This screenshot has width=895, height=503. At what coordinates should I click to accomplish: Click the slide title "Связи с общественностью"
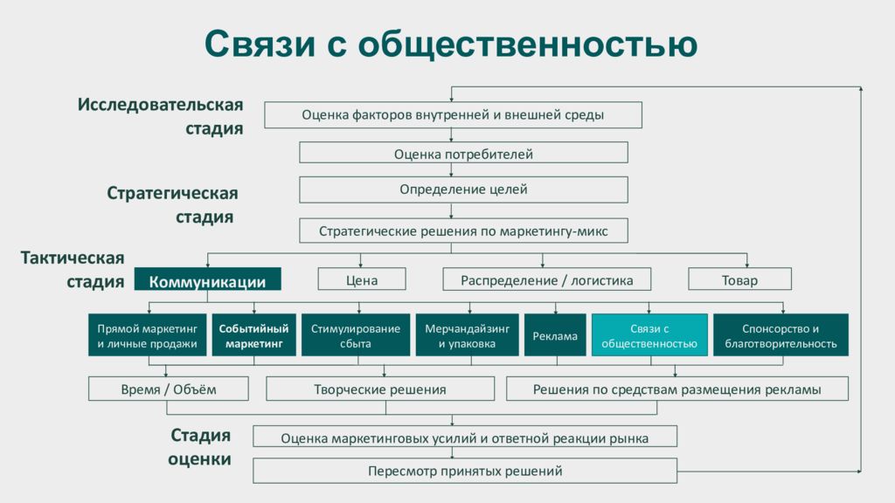[x=451, y=44]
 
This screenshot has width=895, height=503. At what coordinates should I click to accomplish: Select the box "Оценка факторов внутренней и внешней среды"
[x=453, y=114]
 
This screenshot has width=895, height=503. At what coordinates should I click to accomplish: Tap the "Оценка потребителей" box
[x=463, y=153]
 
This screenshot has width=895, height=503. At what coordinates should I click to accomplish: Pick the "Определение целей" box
[x=463, y=189]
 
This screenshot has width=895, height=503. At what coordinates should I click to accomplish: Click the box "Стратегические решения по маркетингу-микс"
[x=463, y=231]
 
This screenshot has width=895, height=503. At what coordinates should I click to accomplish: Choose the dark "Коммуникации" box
[x=208, y=279]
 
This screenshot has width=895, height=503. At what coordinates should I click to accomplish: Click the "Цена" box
[x=362, y=279]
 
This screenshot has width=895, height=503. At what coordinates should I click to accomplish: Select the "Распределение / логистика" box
[x=547, y=279]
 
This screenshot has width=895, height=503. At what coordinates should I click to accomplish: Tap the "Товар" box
[x=739, y=279]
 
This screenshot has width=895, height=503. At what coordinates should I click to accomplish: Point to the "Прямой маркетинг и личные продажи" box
[x=147, y=335]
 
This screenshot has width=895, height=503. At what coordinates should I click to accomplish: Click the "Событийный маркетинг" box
[x=254, y=335]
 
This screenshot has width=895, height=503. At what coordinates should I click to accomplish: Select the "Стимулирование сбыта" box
[x=356, y=335]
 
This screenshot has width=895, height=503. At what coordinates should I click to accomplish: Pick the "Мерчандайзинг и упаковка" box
[x=467, y=335]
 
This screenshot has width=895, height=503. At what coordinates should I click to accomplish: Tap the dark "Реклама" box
[x=555, y=335]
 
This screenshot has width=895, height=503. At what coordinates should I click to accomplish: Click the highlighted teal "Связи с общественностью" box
[x=649, y=335]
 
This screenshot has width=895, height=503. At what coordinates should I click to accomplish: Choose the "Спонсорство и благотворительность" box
[x=781, y=335]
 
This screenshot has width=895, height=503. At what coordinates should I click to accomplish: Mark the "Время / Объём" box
[x=169, y=389]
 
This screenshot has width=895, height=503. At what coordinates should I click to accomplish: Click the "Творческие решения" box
[x=380, y=389]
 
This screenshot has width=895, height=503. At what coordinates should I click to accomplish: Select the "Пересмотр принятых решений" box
[x=465, y=471]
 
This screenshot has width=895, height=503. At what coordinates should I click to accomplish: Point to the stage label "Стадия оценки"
[x=200, y=447]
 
